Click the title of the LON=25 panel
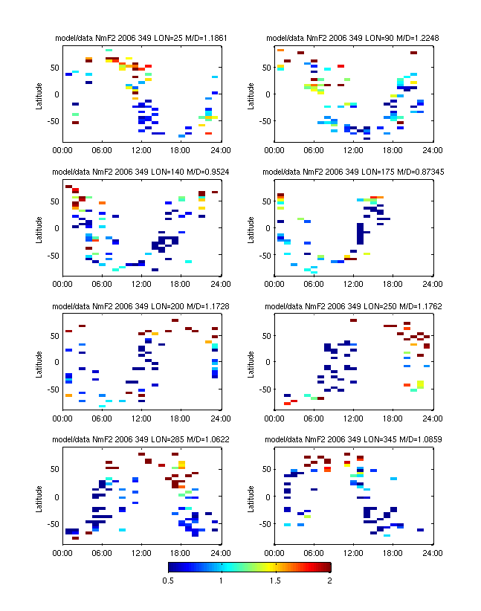[x=141, y=37]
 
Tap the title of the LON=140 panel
[x=141, y=172]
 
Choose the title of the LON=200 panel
[x=141, y=305]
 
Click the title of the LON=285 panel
[x=141, y=440]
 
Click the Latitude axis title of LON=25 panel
[x=38, y=94]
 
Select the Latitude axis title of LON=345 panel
[x=251, y=497]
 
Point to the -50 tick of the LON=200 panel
[x=52, y=389]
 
